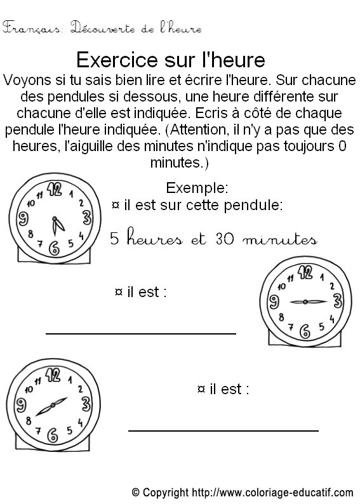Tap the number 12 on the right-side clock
pos(306,273)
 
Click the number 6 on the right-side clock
pos(305,331)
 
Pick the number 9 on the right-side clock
pos(275,302)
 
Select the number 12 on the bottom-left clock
pos(53,375)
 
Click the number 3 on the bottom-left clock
pos(84,402)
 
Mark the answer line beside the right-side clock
pos(140,332)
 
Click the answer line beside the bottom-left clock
pos(223,430)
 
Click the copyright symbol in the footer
pos(135,492)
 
